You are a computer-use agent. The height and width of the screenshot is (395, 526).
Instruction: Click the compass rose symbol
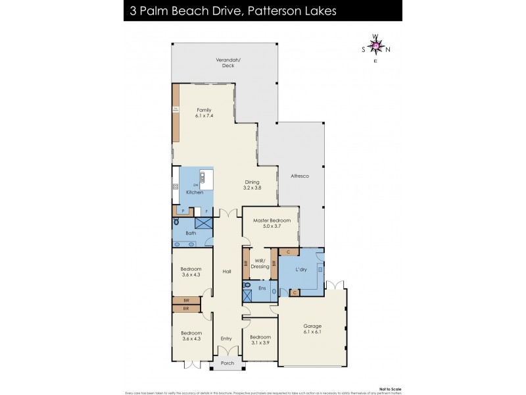tap(375, 46)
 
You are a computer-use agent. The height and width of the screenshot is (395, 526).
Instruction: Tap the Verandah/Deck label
tap(225, 63)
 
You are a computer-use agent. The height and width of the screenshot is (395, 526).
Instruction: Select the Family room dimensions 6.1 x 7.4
tap(204, 116)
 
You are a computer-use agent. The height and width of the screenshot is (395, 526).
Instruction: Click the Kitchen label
tap(195, 192)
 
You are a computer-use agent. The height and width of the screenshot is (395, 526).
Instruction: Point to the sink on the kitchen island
tap(203, 176)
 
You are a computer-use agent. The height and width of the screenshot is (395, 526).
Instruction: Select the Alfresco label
tap(300, 177)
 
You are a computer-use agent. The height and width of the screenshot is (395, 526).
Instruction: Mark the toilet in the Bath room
tap(176, 223)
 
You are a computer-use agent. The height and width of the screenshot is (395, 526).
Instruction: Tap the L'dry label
tap(302, 271)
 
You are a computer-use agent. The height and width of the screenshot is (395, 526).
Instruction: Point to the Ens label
tap(261, 288)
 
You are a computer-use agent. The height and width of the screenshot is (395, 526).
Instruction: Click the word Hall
tap(226, 271)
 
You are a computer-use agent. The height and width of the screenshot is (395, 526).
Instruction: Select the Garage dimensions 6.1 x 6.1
tap(312, 333)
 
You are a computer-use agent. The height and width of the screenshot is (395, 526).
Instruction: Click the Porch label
tap(226, 363)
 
